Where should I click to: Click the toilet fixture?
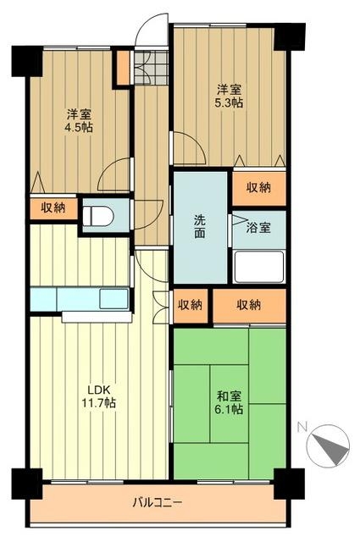98,217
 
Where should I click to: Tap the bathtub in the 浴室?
259,266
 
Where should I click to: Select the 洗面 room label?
199,227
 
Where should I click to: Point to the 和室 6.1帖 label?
230,403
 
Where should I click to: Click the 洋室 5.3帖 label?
229,97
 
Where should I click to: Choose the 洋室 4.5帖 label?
79,120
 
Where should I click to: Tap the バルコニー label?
157,502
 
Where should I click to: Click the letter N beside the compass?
302,428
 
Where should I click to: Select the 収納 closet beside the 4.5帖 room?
53,208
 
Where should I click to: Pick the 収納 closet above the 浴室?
259,188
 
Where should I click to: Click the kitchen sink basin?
114,299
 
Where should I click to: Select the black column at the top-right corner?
290,36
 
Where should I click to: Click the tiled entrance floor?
151,67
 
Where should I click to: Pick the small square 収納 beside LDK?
190,306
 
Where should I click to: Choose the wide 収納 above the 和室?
249,306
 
